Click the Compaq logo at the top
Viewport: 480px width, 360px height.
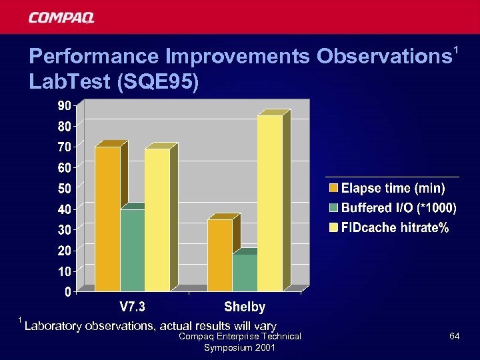pos(61,17)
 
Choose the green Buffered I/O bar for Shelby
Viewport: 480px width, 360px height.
pos(245,273)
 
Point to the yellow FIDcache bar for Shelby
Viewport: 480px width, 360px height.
pos(269,203)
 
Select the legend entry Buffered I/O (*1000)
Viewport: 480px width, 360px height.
pos(398,208)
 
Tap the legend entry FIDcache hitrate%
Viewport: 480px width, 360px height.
pos(394,228)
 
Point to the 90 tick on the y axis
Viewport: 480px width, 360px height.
pos(65,105)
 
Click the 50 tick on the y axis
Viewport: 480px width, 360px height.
pos(65,189)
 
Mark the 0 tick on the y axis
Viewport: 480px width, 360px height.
pos(69,292)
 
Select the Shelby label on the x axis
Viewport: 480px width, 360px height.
pos(245,307)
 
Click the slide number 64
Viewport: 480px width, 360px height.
pos(454,337)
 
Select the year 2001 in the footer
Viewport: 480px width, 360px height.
pos(267,348)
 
